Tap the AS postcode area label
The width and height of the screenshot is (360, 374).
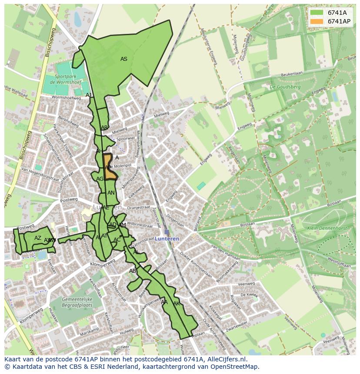click(124, 59)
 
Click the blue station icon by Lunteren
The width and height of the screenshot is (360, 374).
click(167, 232)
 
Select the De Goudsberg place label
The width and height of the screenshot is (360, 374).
click(285, 87)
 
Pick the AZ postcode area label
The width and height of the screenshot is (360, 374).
click(38, 238)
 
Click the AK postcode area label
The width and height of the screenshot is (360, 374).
click(177, 304)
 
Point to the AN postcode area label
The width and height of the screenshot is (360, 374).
click(111, 193)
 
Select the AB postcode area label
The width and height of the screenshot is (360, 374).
click(133, 271)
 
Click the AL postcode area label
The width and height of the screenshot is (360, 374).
click(136, 252)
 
